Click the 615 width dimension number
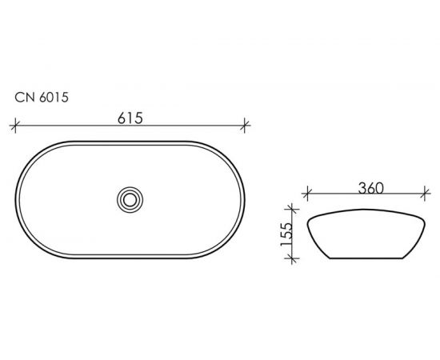pyautogui.click(x=130, y=118)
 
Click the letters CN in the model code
pyautogui.click(x=24, y=99)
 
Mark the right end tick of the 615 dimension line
pyautogui.click(x=246, y=126)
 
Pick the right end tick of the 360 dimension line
pyautogui.click(x=424, y=194)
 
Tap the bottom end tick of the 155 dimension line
pyautogui.click(x=298, y=261)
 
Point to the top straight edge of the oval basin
pyautogui.click(x=130, y=141)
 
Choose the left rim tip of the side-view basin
pyautogui.click(x=307, y=218)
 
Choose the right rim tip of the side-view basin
pyautogui.click(x=423, y=218)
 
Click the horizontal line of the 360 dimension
pyautogui.click(x=336, y=194)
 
